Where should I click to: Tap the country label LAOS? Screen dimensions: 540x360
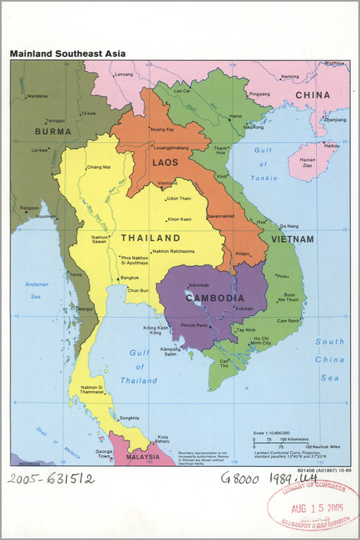(165, 162)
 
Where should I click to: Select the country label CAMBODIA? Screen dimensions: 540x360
(215, 298)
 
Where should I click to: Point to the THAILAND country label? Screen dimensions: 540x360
(150, 238)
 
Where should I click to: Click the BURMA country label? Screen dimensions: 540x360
(53, 131)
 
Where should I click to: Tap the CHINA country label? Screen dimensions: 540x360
(312, 95)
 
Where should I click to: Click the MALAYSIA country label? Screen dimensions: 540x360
(144, 456)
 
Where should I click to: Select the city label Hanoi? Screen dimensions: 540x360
(235, 116)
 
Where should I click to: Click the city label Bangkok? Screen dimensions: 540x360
(129, 278)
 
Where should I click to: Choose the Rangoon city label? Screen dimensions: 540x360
(30, 208)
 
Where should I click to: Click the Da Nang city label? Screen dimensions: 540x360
(290, 226)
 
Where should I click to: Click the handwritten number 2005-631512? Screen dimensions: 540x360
(51, 479)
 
